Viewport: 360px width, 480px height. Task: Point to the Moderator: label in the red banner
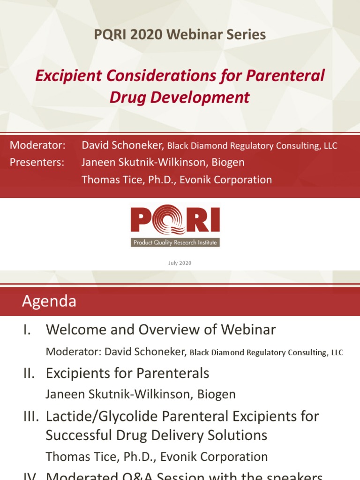(37, 145)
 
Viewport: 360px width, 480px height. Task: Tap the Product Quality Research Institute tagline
(175, 242)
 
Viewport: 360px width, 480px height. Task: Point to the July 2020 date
(180, 263)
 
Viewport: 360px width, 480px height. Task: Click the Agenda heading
(49, 301)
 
